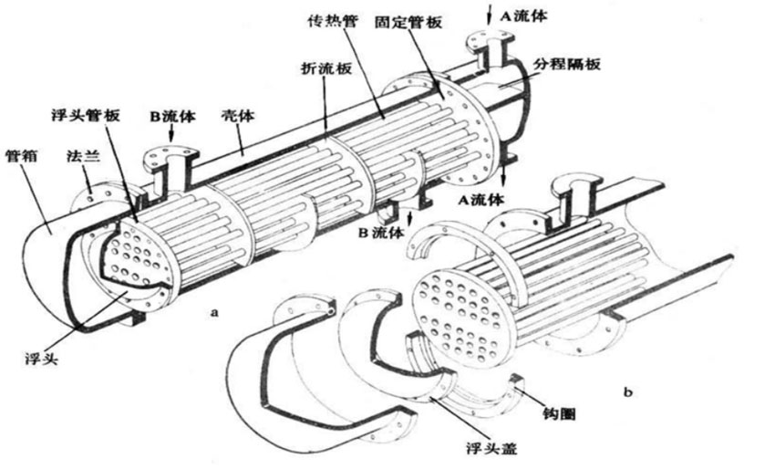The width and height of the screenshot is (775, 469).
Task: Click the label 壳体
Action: (239, 117)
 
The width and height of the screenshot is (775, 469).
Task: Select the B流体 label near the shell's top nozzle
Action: (172, 117)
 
